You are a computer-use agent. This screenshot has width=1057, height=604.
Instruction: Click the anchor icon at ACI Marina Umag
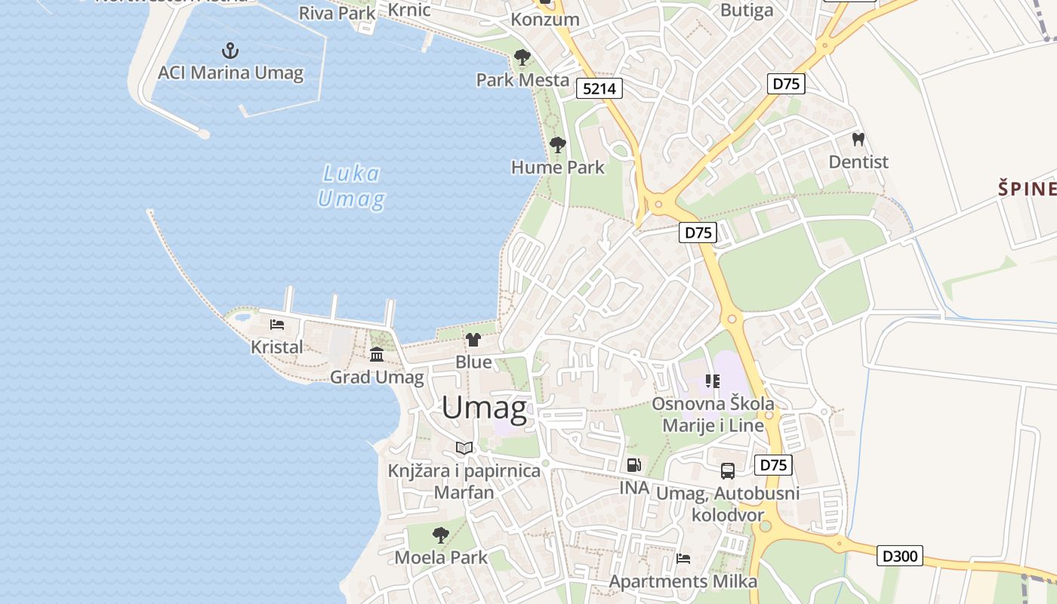[230, 51]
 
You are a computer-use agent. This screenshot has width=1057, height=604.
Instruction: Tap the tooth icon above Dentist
[858, 140]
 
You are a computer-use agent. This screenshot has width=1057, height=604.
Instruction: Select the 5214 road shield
[599, 88]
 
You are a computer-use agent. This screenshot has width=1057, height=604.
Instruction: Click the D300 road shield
[901, 556]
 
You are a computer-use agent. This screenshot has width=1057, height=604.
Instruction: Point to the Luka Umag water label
[351, 186]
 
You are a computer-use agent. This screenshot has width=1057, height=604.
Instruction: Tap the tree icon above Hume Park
[558, 145]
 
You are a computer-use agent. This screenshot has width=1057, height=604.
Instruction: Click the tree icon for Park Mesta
[522, 57]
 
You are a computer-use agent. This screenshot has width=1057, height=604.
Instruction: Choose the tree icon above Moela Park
[441, 535]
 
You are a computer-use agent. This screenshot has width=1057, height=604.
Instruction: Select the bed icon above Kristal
[277, 325]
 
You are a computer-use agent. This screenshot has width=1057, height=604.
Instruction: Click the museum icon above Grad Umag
[377, 354]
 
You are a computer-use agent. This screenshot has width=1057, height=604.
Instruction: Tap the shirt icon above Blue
[473, 340]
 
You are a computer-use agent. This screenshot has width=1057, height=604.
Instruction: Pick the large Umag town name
[484, 408]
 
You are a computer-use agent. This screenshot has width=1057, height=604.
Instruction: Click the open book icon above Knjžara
[464, 448]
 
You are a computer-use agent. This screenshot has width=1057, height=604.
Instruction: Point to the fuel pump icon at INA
[634, 465]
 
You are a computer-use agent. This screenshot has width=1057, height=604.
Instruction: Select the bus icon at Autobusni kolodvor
[728, 471]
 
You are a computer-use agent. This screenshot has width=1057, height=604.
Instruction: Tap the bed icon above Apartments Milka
[683, 559]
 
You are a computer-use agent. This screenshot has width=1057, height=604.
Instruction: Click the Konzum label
[545, 20]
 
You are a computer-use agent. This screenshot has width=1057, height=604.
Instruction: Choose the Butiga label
[747, 10]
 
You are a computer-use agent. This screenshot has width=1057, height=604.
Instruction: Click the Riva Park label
[337, 13]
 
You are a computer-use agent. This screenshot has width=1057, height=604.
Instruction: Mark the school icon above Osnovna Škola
[713, 381]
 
